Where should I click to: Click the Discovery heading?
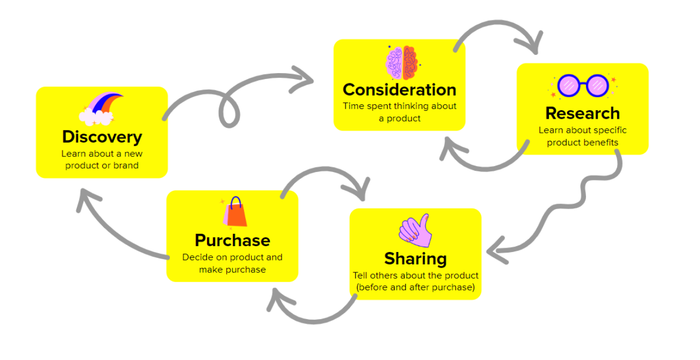pos(102,136)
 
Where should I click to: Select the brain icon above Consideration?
pos(402,63)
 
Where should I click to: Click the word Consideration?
pos(399,89)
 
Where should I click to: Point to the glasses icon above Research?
pos(583,85)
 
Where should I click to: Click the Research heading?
pos(582,113)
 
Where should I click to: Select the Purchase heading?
pos(232,240)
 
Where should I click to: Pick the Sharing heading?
pos(415,258)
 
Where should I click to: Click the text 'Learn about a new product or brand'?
pos(102,160)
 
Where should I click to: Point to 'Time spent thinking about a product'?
pos(399,112)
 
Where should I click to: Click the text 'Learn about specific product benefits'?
pos(582,136)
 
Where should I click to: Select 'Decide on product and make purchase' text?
pos(232,263)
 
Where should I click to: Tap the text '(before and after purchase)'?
pos(415,287)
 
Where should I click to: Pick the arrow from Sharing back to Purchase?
pos(312,317)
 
